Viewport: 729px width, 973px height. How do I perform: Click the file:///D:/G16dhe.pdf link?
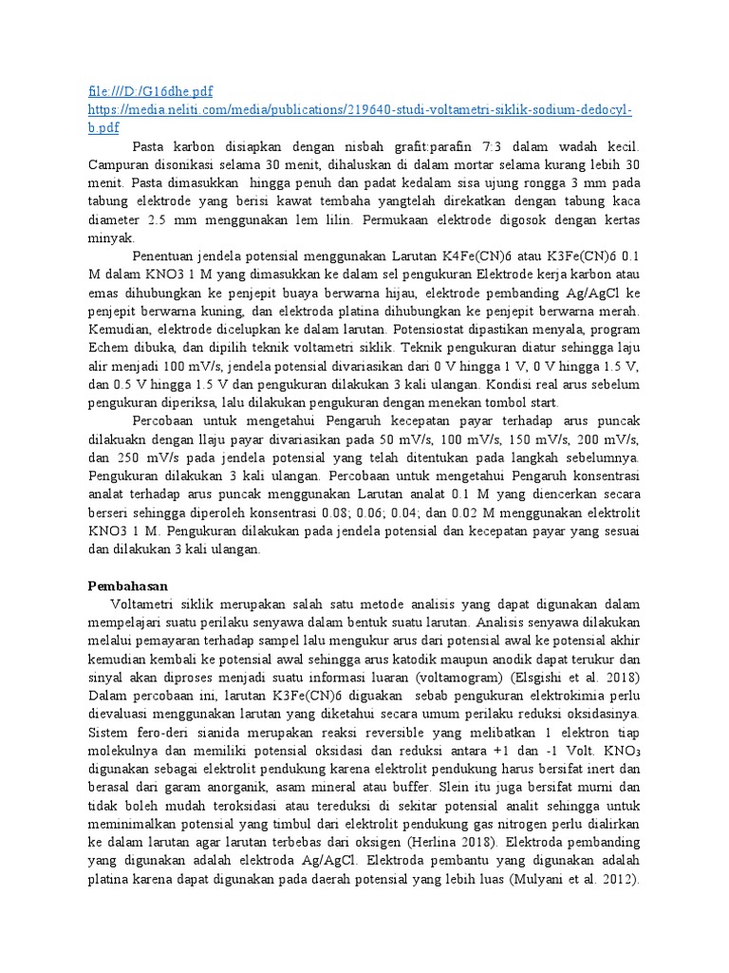[149, 91]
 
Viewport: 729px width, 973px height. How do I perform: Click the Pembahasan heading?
[129, 586]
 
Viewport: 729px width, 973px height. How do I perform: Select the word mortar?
[473, 164]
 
